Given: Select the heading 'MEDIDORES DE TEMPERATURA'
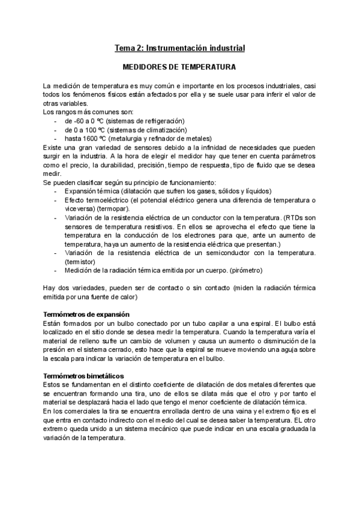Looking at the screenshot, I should point(180,67).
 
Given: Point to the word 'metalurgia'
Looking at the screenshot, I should point(126,138).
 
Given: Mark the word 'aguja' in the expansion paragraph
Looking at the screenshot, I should point(294,350).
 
